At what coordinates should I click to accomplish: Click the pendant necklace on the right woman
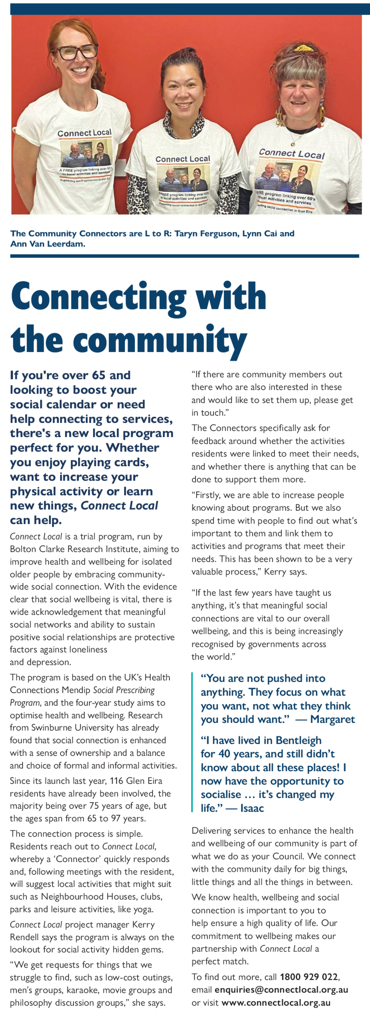coord(293,142)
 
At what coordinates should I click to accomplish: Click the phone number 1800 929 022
coord(309,977)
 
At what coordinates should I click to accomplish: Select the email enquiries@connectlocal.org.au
coord(281,990)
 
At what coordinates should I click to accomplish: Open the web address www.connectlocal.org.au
coord(276,1002)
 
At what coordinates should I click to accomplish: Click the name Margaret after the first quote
coord(333,720)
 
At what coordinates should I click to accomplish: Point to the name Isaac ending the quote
coord(252,808)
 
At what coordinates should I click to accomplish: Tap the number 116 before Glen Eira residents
coord(117,781)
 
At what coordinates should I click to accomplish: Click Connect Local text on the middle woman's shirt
coord(183,159)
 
